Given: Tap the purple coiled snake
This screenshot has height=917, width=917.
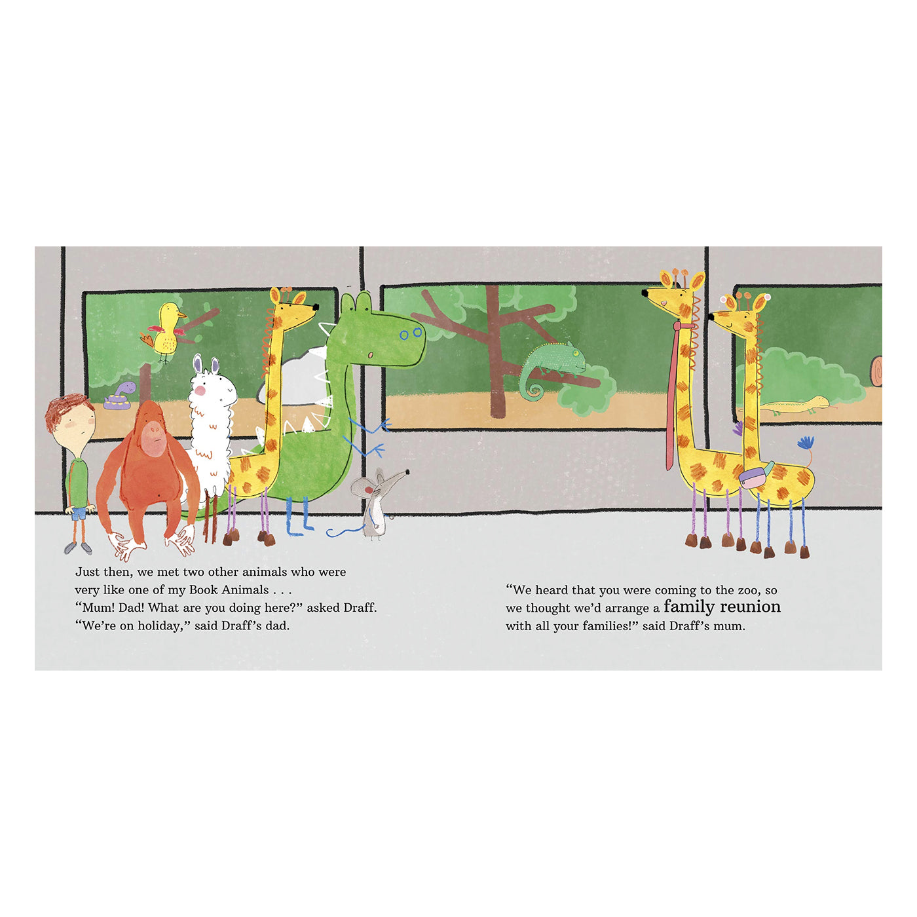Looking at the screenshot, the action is click(x=119, y=396).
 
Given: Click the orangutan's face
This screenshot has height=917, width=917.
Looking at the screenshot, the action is click(x=153, y=438).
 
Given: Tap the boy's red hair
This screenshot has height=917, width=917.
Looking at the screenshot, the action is click(x=67, y=410).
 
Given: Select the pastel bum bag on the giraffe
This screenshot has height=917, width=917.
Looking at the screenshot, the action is click(x=756, y=476).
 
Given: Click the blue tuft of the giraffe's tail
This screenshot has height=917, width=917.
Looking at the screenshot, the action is click(x=806, y=443).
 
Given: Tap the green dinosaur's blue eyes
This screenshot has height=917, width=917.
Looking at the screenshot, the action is click(x=411, y=333).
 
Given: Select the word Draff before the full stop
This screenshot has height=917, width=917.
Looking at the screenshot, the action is click(x=360, y=608).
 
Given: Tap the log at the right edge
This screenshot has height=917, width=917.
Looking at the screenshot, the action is click(x=876, y=371).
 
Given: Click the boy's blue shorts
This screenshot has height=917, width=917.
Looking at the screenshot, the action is click(x=78, y=514).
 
